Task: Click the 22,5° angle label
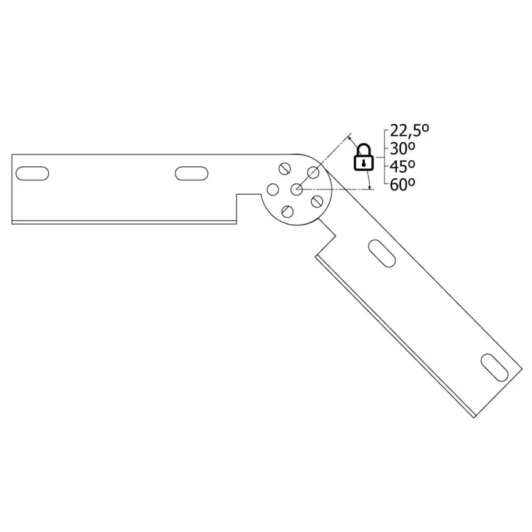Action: point(409,130)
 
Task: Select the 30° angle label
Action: point(402,148)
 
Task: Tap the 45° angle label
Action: point(402,166)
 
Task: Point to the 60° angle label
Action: point(402,185)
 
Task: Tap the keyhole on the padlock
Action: point(364,163)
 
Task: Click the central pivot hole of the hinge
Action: point(297,189)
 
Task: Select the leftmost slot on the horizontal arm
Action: point(32,173)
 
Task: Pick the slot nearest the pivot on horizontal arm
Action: point(192,173)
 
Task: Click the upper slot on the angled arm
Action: point(382,253)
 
